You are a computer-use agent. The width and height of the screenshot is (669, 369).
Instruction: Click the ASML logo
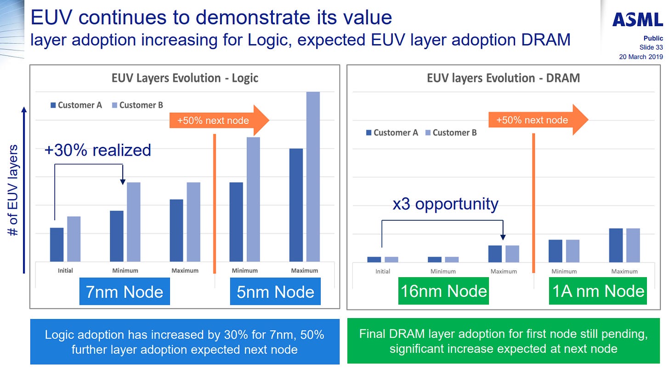(x=638, y=20)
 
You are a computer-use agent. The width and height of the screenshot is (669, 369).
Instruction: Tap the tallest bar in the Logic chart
(x=313, y=177)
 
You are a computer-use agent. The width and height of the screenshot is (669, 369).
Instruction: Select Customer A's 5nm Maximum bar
(x=296, y=205)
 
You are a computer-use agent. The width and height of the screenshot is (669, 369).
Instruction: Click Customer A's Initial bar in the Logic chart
(x=57, y=245)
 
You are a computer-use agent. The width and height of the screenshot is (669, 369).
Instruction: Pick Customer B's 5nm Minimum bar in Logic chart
(x=253, y=199)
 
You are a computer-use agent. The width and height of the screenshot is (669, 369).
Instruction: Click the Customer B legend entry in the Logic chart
(x=137, y=105)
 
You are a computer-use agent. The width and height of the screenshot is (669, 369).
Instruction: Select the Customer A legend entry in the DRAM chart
(x=392, y=133)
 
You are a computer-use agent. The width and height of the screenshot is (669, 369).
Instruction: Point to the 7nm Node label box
(x=125, y=292)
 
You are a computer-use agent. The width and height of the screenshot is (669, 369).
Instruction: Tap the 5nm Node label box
(x=275, y=292)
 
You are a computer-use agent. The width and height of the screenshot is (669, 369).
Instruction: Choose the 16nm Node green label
(x=443, y=291)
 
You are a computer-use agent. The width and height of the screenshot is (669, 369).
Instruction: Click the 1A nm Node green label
(x=598, y=291)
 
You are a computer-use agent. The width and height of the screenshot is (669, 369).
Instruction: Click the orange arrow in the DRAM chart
(x=538, y=120)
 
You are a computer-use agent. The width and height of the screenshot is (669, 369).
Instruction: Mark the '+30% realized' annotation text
(x=98, y=150)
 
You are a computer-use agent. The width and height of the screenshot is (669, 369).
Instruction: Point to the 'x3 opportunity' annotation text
(x=445, y=203)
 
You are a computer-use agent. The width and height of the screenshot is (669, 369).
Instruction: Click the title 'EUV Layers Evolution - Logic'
(x=185, y=78)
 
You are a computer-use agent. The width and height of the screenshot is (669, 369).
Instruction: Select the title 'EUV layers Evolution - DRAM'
(x=503, y=78)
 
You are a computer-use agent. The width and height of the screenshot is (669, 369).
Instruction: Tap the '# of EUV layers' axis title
(x=13, y=190)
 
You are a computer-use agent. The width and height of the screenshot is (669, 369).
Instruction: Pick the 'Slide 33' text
(x=651, y=48)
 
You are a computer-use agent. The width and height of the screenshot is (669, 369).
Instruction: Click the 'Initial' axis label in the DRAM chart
(x=382, y=271)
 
